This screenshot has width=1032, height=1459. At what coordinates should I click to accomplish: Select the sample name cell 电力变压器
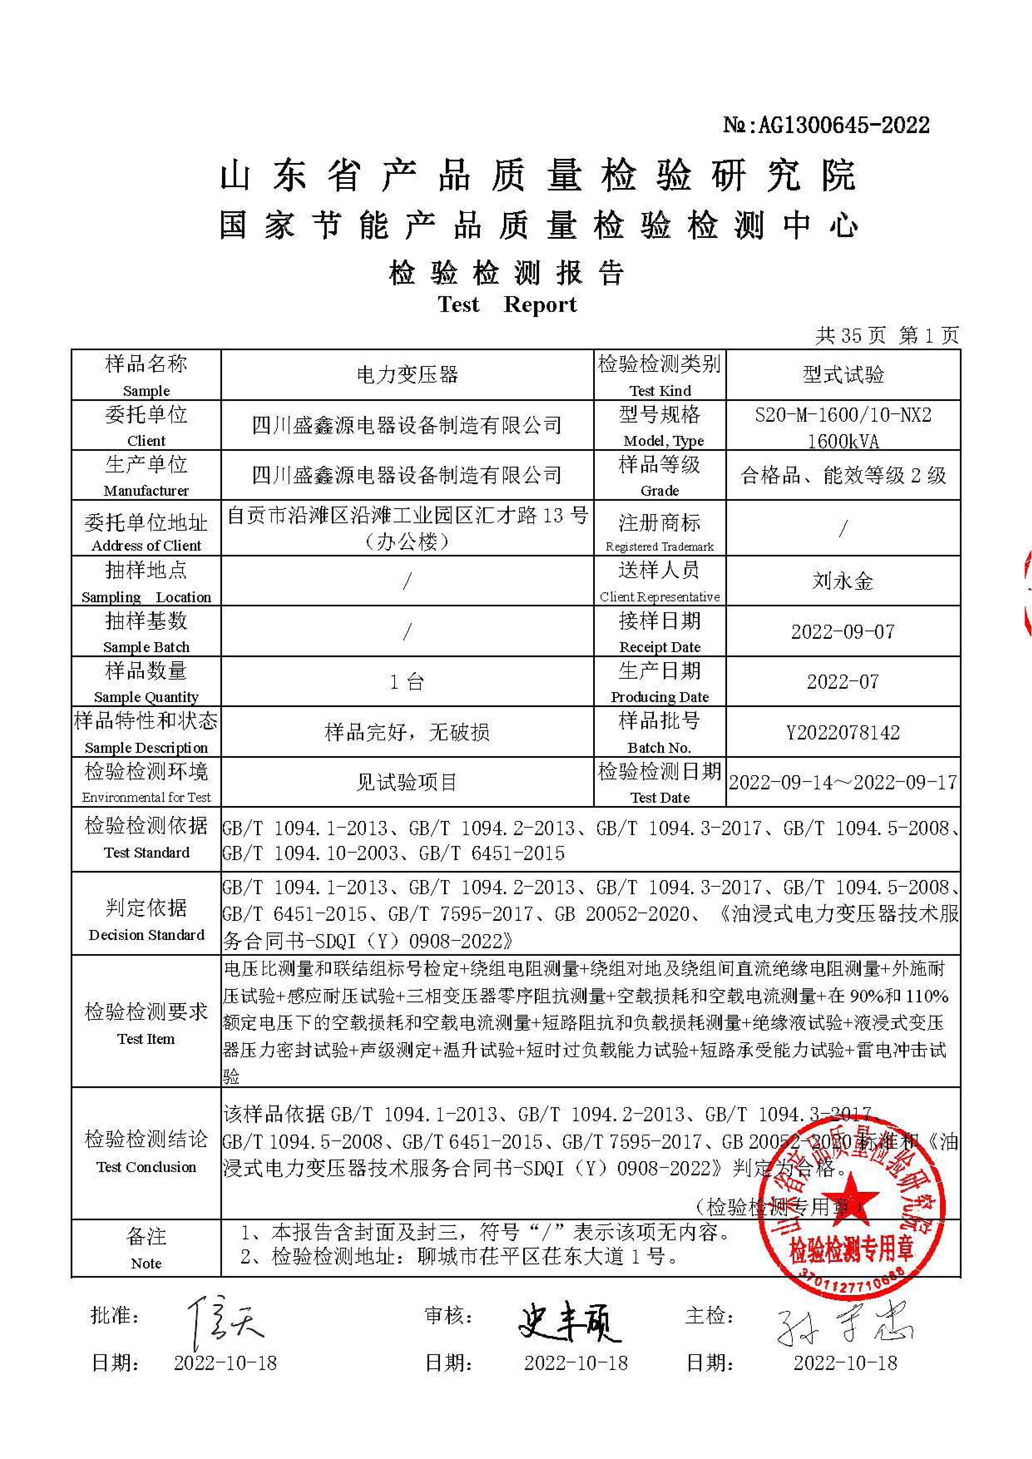(x=407, y=375)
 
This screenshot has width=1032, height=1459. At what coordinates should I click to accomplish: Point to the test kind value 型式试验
(x=843, y=375)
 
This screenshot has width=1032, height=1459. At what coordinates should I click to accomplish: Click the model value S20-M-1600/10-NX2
(x=843, y=415)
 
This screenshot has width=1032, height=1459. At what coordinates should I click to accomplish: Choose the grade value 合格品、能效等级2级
(x=843, y=475)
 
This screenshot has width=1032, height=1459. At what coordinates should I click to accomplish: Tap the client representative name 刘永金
(x=843, y=581)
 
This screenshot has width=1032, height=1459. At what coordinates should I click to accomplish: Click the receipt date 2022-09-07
(x=843, y=632)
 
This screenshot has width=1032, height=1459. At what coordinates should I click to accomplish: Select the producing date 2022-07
(x=843, y=682)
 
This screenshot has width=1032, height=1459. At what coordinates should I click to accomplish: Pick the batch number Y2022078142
(x=843, y=733)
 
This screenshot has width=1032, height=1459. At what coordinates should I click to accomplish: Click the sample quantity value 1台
(x=407, y=682)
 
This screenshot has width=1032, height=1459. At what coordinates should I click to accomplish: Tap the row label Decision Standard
(x=146, y=935)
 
